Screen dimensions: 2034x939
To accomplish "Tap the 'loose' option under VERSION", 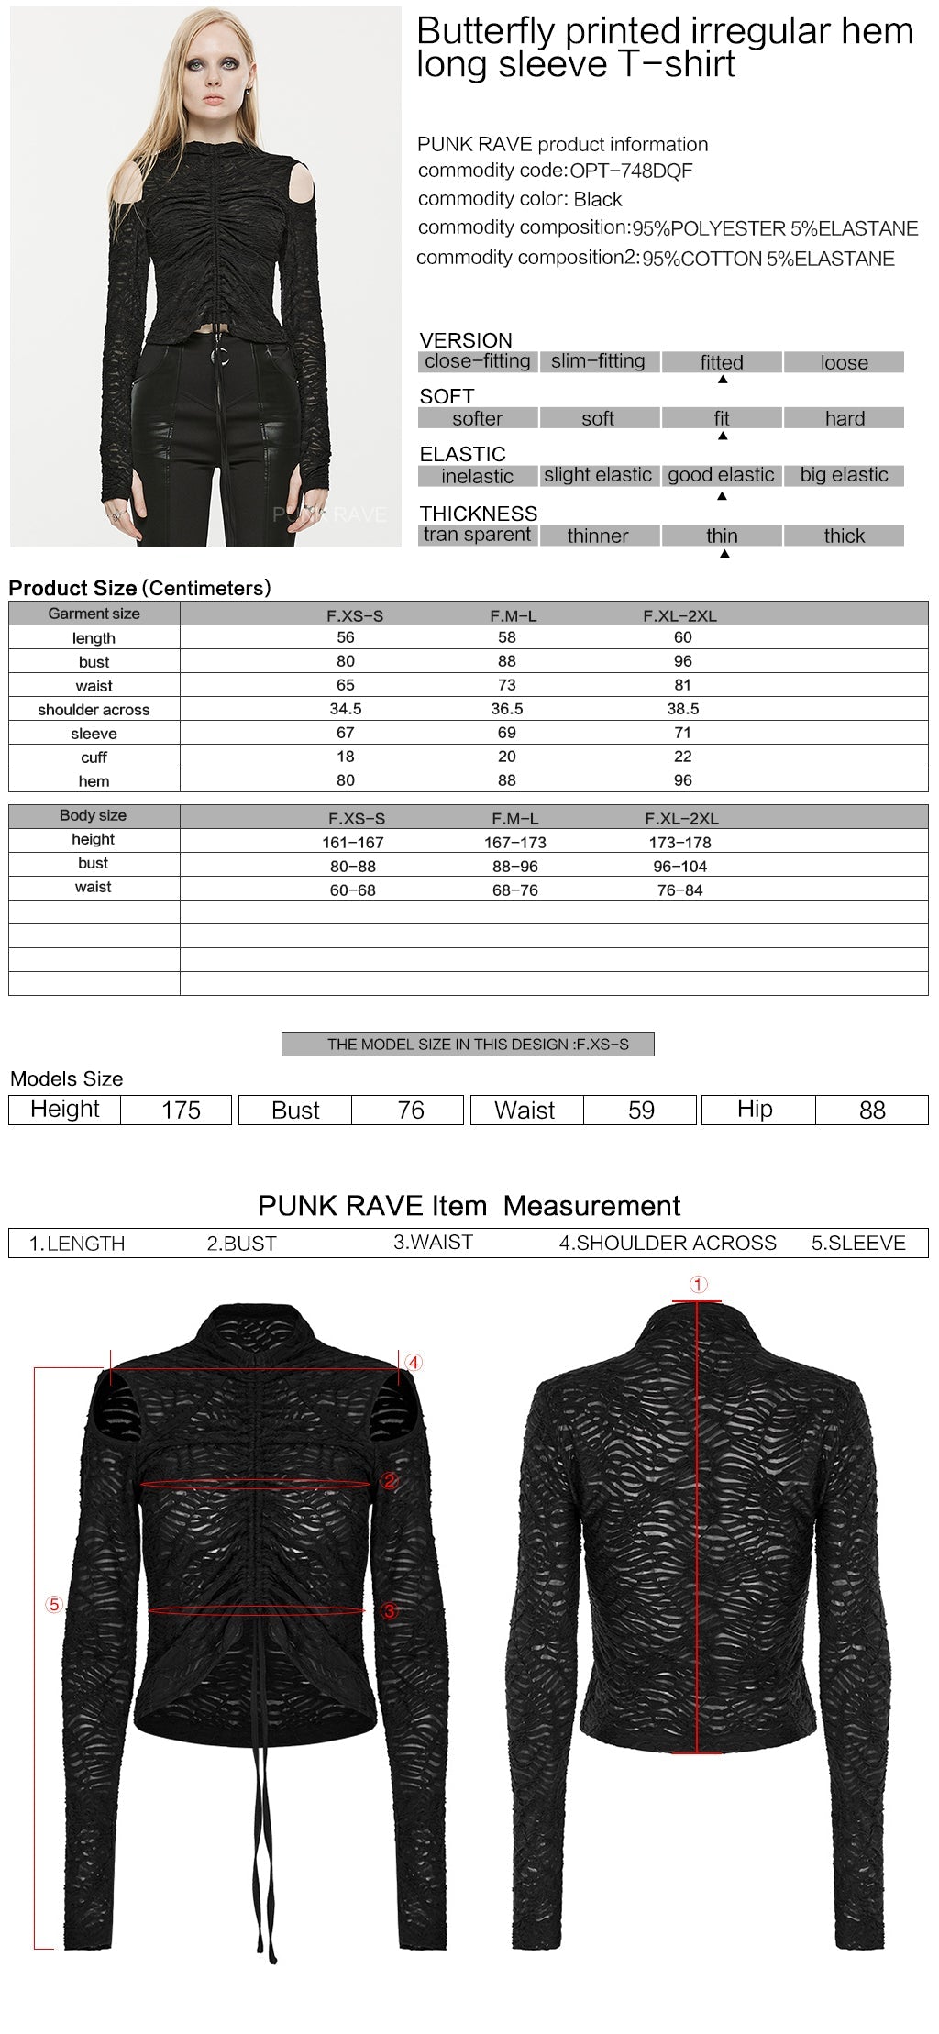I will point(844,362).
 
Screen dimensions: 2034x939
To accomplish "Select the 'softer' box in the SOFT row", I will point(477,418).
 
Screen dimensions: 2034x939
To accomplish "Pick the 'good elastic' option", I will point(721,475).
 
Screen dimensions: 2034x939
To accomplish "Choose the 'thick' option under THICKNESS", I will point(844,536).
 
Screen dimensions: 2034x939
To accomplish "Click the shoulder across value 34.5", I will point(346,709).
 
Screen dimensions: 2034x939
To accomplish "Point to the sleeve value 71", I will point(682,733).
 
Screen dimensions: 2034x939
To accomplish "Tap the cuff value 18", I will point(346,757).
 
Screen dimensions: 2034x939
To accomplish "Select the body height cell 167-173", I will point(515,842).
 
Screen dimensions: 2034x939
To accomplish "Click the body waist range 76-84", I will point(679,890).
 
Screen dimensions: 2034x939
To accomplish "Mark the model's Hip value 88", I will point(872,1110).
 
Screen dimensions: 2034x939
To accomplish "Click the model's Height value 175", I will point(181,1110).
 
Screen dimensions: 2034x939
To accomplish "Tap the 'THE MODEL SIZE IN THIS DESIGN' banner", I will point(468,1044).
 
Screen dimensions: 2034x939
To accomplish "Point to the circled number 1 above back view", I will point(699,1285).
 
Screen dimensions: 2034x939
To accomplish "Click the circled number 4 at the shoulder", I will point(414,1363).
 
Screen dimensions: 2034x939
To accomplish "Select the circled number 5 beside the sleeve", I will point(54,1604).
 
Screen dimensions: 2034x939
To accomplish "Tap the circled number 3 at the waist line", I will point(389,1610).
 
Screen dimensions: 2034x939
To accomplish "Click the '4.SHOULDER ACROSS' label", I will point(668,1243).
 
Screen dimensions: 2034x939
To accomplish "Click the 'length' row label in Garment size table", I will point(94,637).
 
